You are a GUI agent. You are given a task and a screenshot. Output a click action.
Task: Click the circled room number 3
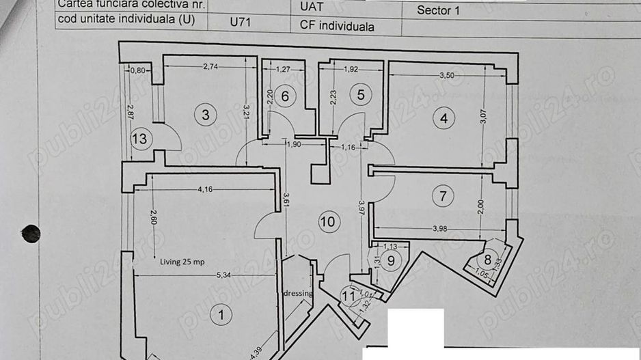click(206, 114)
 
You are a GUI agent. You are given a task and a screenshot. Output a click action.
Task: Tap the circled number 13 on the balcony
click(140, 139)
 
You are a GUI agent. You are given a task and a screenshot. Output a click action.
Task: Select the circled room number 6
click(286, 96)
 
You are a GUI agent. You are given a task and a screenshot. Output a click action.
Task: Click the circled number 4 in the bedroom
click(444, 118)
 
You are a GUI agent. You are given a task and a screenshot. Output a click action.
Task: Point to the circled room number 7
click(443, 197)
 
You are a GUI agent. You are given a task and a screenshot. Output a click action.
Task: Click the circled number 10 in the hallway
click(329, 221)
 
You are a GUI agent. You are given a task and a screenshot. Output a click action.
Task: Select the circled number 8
click(488, 260)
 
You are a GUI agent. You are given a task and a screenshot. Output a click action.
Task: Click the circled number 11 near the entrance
click(349, 296)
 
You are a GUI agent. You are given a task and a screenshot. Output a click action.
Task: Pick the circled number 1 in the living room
click(220, 315)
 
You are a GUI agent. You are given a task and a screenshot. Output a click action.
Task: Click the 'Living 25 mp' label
click(182, 262)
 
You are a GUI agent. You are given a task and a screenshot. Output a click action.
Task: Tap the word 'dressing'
click(297, 294)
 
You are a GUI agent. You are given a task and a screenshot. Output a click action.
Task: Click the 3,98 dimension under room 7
click(441, 229)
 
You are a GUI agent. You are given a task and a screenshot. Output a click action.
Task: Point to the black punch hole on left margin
click(31, 234)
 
